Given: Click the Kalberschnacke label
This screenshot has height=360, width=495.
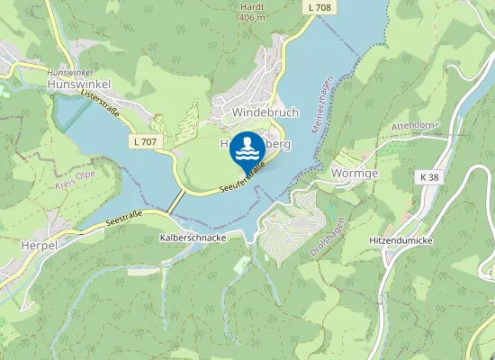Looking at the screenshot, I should pos(192,237).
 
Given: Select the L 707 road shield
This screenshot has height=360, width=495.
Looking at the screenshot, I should pos(143,142).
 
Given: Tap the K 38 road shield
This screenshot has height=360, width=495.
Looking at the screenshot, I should pos(430,177).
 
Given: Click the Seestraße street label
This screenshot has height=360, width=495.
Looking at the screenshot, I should pos(123,220).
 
